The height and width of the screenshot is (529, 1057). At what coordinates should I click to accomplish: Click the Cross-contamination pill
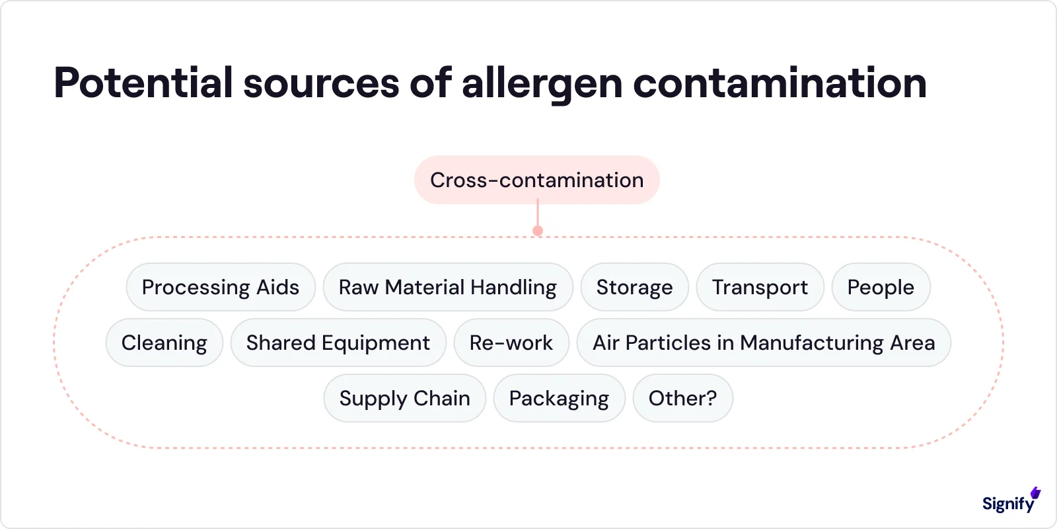tap(536, 180)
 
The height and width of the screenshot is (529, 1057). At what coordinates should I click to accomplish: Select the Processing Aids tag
tap(221, 287)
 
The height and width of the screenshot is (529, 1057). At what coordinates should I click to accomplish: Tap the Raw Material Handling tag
tap(447, 287)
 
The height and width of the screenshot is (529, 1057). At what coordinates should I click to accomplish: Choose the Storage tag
tap(634, 287)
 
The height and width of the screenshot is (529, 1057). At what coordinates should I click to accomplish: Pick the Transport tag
tap(760, 287)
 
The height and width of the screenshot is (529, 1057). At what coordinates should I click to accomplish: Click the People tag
tap(881, 287)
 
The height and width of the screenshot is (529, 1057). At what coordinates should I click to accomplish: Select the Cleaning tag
tap(164, 343)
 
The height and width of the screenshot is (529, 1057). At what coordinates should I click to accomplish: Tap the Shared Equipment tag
tap(338, 343)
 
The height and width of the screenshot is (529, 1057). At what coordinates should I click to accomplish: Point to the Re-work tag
tap(511, 343)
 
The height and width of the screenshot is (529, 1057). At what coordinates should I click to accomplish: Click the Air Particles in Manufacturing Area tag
tap(764, 343)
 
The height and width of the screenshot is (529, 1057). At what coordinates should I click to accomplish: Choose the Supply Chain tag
tap(404, 398)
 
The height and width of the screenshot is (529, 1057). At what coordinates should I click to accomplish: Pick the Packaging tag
tap(559, 398)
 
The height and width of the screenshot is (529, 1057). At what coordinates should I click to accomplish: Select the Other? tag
tap(682, 398)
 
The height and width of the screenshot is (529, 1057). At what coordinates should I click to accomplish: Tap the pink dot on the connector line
tap(538, 231)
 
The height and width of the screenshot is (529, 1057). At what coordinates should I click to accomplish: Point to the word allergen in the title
tap(542, 83)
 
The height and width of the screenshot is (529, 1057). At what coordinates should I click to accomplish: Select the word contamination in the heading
tap(780, 83)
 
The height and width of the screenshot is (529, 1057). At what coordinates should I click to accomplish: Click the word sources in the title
tap(321, 83)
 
